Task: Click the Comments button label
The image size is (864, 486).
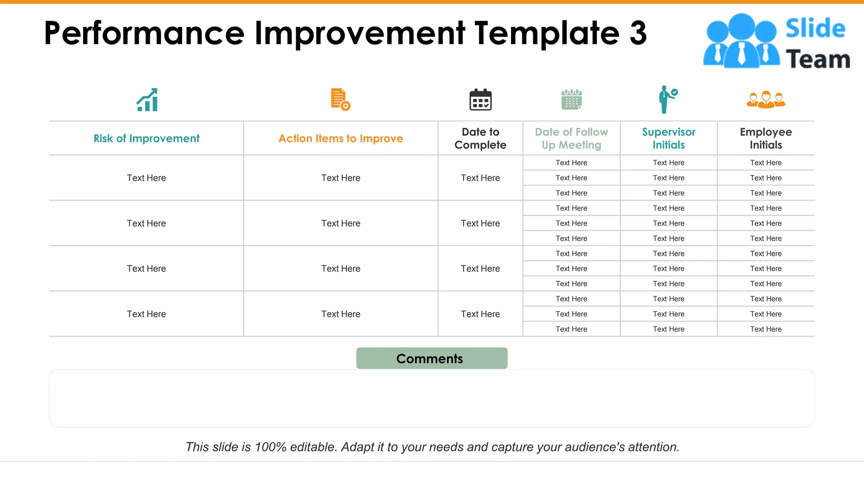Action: (x=429, y=359)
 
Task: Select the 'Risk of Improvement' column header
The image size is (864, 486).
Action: (x=146, y=138)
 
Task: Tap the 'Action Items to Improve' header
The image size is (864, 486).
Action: (x=340, y=138)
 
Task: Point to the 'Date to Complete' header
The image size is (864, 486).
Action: (x=480, y=138)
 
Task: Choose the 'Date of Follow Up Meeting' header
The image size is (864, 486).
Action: (x=571, y=138)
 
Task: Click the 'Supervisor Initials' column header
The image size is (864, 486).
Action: (x=668, y=138)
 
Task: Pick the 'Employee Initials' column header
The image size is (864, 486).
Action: (x=766, y=138)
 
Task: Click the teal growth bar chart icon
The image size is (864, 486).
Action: (x=147, y=100)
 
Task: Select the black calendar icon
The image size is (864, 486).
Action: (x=481, y=100)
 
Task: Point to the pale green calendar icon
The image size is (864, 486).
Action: (x=572, y=100)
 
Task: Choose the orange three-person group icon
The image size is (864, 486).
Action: (x=766, y=100)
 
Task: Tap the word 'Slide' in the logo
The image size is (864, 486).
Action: (x=815, y=28)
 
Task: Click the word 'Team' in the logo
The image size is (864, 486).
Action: (x=818, y=59)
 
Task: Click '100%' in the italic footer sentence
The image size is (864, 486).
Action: (x=270, y=447)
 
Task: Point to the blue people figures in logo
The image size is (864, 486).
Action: (x=741, y=41)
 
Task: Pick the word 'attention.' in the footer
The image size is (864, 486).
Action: (x=653, y=447)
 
